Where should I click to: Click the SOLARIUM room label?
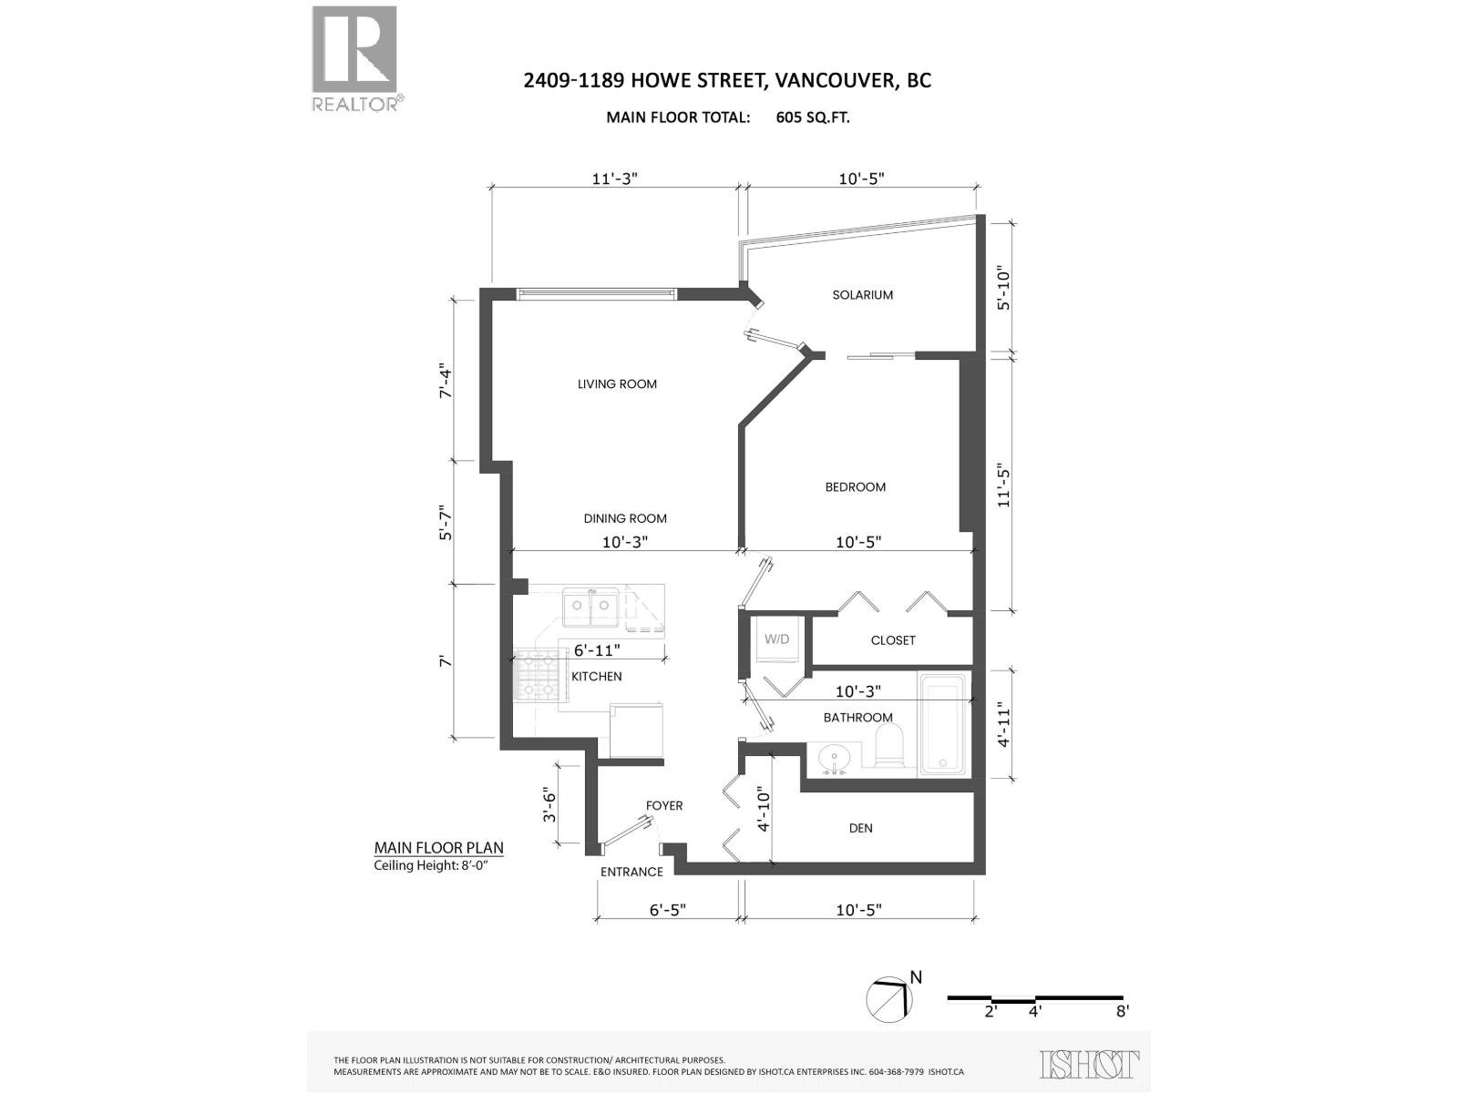pyautogui.click(x=862, y=295)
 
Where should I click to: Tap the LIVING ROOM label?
pyautogui.click(x=617, y=384)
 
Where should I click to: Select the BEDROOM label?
pyautogui.click(x=855, y=487)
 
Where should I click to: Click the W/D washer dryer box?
pyautogui.click(x=776, y=639)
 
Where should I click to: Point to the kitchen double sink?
pyautogui.click(x=590, y=607)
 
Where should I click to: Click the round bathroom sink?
pyautogui.click(x=833, y=758)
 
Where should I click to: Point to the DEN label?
pyautogui.click(x=860, y=828)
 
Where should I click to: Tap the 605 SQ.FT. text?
pyautogui.click(x=813, y=117)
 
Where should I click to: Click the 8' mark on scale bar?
pyautogui.click(x=1122, y=1010)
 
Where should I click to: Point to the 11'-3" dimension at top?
pyautogui.click(x=615, y=179)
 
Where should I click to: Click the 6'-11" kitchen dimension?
pyautogui.click(x=597, y=650)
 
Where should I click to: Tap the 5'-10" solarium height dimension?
pyautogui.click(x=1004, y=285)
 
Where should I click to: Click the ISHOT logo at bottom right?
pyautogui.click(x=1089, y=1063)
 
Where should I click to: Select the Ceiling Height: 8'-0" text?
pyautogui.click(x=438, y=866)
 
